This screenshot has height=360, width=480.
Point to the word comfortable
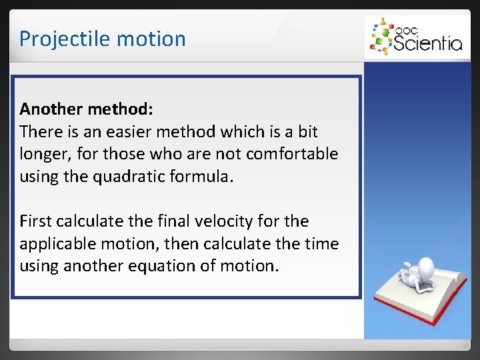pos(291,154)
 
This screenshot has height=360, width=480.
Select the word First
pos(35,221)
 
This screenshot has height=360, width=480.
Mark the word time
pos(320,244)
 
